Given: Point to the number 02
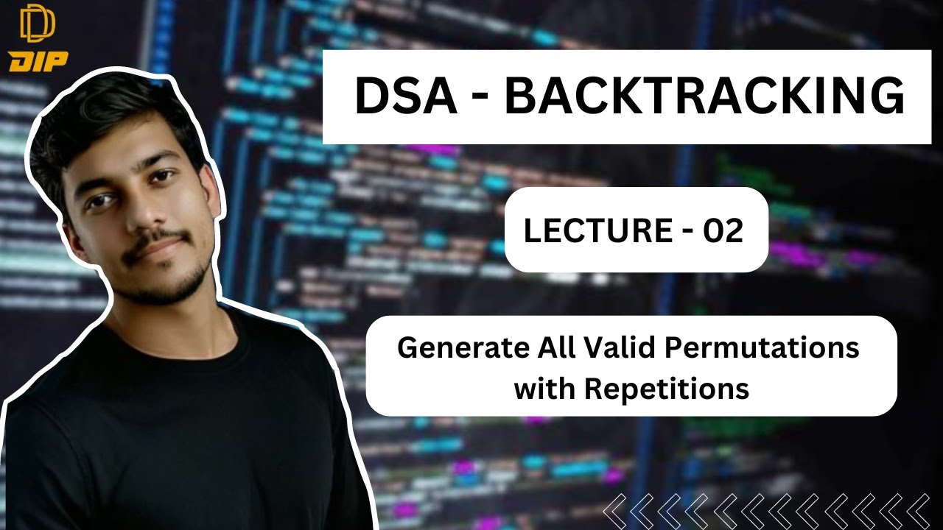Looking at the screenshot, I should pos(723,230).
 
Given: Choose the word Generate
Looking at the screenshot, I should pos(451,348).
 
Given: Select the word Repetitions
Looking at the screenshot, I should pos(667,387).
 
